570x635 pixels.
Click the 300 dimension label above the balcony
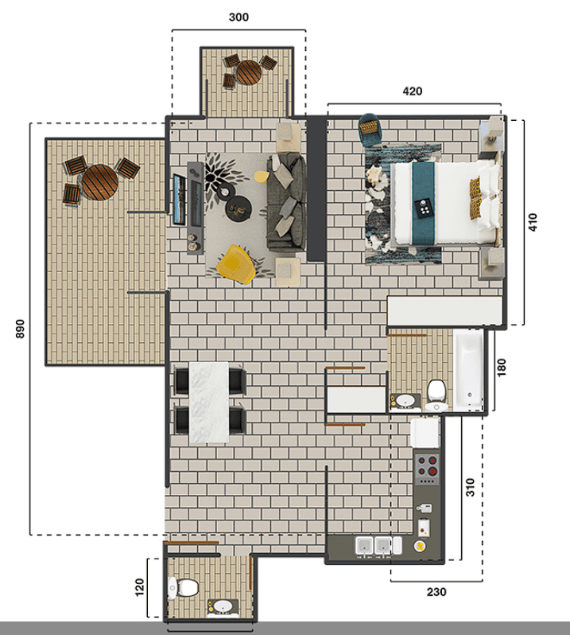pyautogui.click(x=238, y=17)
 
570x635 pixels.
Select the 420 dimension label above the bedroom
pyautogui.click(x=412, y=92)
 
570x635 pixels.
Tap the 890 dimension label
pyautogui.click(x=19, y=329)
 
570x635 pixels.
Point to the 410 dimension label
pyautogui.click(x=533, y=222)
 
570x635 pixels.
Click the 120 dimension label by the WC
pyautogui.click(x=139, y=588)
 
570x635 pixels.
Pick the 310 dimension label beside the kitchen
pyautogui.click(x=470, y=487)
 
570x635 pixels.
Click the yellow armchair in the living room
pyautogui.click(x=236, y=263)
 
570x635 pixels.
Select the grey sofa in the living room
pyautogui.click(x=286, y=202)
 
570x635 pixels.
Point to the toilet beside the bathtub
pyautogui.click(x=435, y=393)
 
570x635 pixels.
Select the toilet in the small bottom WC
pyautogui.click(x=182, y=589)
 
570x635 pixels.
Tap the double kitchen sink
pyautogui.click(x=374, y=546)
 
